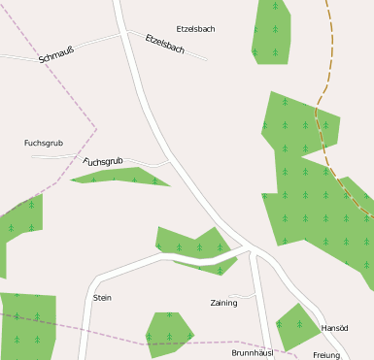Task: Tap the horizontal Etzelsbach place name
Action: pyautogui.click(x=195, y=29)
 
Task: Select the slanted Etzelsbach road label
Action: pyautogui.click(x=164, y=44)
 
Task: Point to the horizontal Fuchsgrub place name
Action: pyautogui.click(x=43, y=144)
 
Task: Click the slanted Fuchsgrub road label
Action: pyautogui.click(x=103, y=161)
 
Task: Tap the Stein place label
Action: pyautogui.click(x=102, y=298)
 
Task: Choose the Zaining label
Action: pyautogui.click(x=223, y=303)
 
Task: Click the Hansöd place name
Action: pyautogui.click(x=334, y=329)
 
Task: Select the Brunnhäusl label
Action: pyautogui.click(x=252, y=352)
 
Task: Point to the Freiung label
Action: pyautogui.click(x=326, y=355)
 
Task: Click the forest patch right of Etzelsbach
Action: pyautogui.click(x=271, y=31)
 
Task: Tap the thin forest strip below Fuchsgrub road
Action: pyautogui.click(x=121, y=177)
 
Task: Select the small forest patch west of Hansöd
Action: pyautogui.click(x=294, y=325)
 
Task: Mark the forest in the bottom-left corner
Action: pyautogui.click(x=27, y=325)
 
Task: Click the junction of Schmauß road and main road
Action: pyautogui.click(x=124, y=32)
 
